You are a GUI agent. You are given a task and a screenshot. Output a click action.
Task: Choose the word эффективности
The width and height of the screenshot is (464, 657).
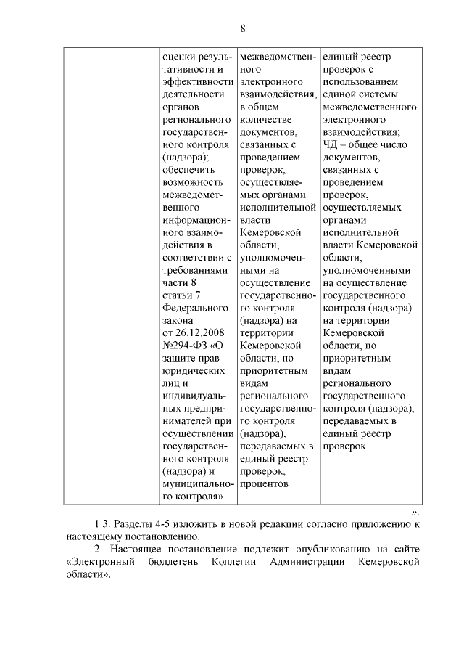click(x=198, y=81)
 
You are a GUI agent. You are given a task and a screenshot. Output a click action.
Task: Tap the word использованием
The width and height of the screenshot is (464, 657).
click(x=360, y=81)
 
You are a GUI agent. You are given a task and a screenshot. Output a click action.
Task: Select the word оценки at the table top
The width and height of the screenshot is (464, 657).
click(x=180, y=56)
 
